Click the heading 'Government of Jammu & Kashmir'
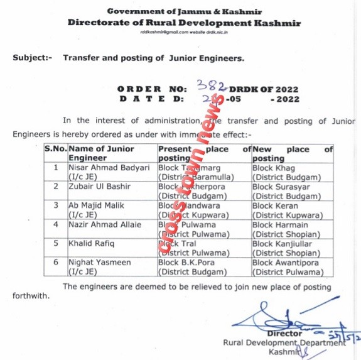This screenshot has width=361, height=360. pyautogui.click(x=185, y=11)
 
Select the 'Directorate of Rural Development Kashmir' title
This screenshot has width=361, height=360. pyautogui.click(x=185, y=23)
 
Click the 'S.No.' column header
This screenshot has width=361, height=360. pyautogui.click(x=55, y=150)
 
